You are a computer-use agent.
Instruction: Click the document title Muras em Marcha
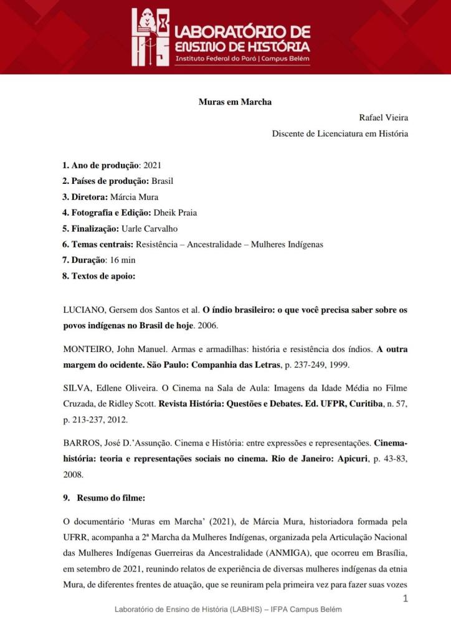click(x=235, y=102)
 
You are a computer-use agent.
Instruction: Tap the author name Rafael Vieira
click(x=383, y=117)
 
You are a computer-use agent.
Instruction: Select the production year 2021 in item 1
click(x=152, y=166)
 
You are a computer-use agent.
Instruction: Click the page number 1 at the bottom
click(x=406, y=598)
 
